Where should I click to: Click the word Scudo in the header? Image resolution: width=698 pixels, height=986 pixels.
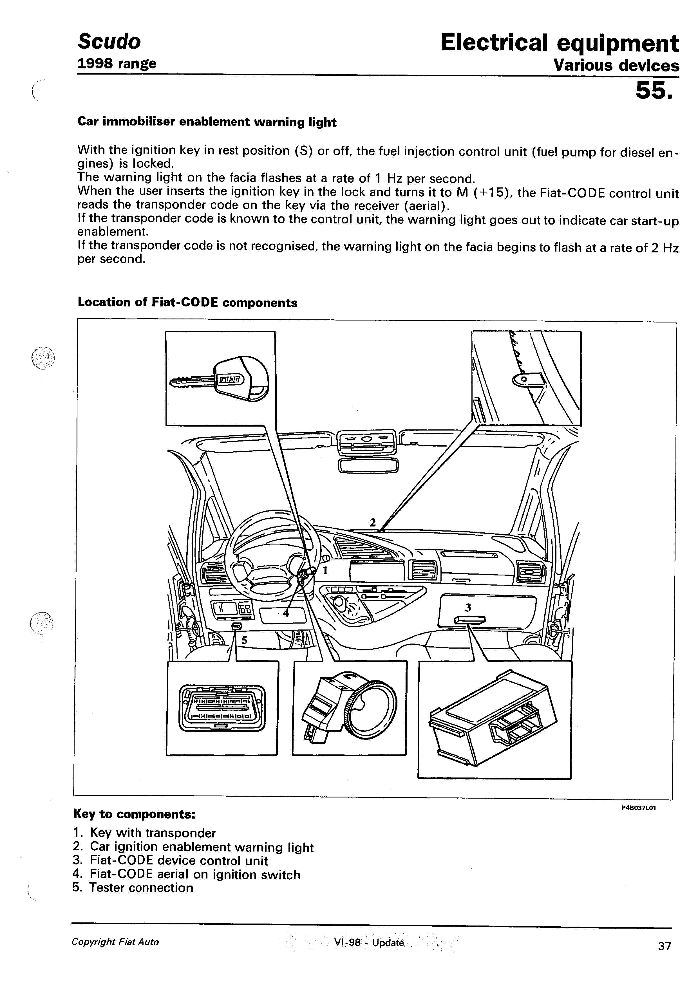pyautogui.click(x=109, y=42)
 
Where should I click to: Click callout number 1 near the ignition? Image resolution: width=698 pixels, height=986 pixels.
pyautogui.click(x=325, y=571)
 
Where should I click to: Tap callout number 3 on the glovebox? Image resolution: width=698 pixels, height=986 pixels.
pyautogui.click(x=468, y=608)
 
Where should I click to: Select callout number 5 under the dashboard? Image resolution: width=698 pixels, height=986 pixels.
pyautogui.click(x=244, y=640)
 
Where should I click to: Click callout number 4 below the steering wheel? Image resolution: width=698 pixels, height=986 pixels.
pyautogui.click(x=286, y=613)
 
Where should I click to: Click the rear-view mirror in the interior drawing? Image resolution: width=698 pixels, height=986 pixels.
pyautogui.click(x=368, y=465)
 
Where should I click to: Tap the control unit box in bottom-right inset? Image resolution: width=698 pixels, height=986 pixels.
pyautogui.click(x=493, y=718)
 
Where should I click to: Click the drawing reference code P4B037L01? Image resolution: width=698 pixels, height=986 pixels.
pyautogui.click(x=638, y=808)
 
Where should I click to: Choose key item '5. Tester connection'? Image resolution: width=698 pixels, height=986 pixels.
pyautogui.click(x=133, y=888)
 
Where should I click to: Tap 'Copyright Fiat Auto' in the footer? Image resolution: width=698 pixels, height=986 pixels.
pyautogui.click(x=115, y=942)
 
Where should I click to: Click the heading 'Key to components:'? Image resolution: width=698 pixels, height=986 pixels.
pyautogui.click(x=135, y=814)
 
